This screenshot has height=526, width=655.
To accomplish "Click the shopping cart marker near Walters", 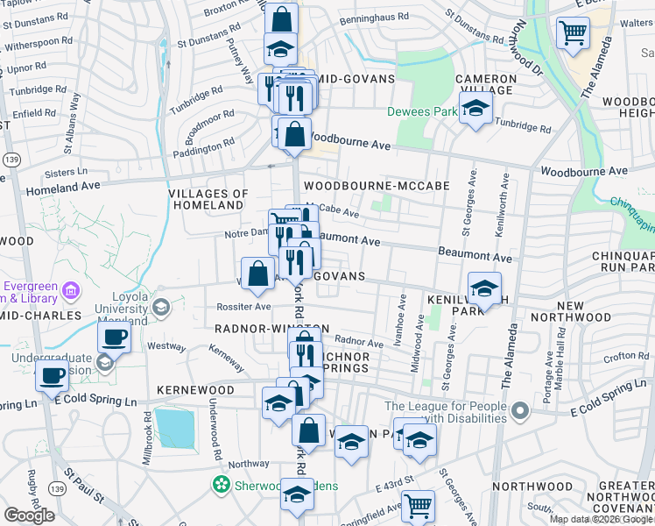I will [x=572, y=33].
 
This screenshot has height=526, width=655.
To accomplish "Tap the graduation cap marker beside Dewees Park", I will [x=475, y=110].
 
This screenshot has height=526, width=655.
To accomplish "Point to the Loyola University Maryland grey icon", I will [x=161, y=307].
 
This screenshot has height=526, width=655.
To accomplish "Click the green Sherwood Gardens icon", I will [x=222, y=484].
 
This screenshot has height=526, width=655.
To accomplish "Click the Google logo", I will [x=29, y=515].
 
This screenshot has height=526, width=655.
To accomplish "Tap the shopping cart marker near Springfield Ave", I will [x=418, y=506].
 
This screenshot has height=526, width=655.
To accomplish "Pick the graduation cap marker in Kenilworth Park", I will [x=484, y=288].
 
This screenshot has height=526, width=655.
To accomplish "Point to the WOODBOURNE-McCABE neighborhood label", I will [x=376, y=186].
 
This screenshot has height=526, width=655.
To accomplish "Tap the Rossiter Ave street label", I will [x=244, y=308].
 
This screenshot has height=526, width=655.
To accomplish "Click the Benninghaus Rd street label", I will [x=380, y=17].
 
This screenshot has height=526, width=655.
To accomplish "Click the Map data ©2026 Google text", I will [x=600, y=519].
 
